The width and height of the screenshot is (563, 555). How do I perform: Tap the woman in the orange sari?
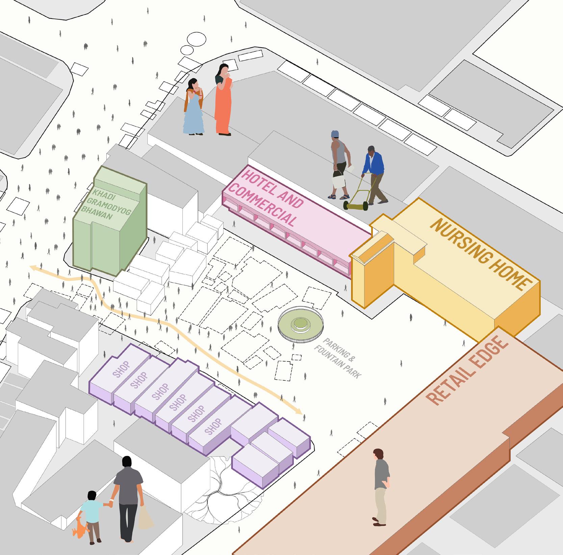(223, 101)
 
